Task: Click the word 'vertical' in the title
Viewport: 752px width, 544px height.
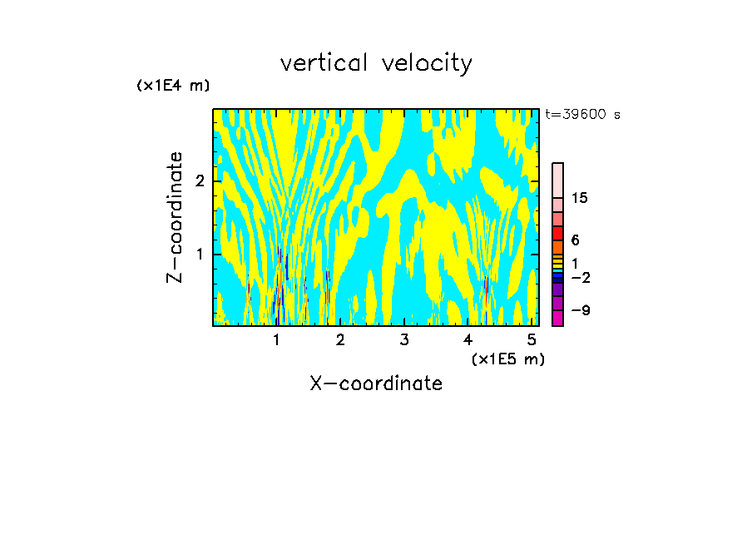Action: coord(325,63)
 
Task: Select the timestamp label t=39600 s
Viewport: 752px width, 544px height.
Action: coord(582,115)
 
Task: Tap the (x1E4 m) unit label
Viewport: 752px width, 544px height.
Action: coord(173,86)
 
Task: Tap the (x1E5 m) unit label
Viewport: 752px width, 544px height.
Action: coord(507,359)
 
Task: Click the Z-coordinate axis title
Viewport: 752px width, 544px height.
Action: coord(175,217)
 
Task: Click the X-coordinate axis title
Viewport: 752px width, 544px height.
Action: coord(376,383)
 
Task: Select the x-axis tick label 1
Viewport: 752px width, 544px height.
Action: coord(276,339)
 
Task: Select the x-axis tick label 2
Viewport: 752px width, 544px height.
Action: coord(340,339)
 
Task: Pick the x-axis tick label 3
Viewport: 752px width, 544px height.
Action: coord(403,339)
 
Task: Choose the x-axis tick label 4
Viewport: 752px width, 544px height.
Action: coord(468,339)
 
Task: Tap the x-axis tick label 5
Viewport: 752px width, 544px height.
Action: coord(532,339)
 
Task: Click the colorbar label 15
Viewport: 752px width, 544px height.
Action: coord(580,199)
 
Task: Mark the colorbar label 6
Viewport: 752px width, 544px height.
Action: coord(575,240)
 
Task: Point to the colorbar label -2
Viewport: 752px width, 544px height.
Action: coord(580,278)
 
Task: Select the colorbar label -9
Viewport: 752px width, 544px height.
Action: coord(580,311)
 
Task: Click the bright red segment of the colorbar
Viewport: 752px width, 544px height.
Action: coord(557,233)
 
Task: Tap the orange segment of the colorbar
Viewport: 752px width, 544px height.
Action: coord(557,247)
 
